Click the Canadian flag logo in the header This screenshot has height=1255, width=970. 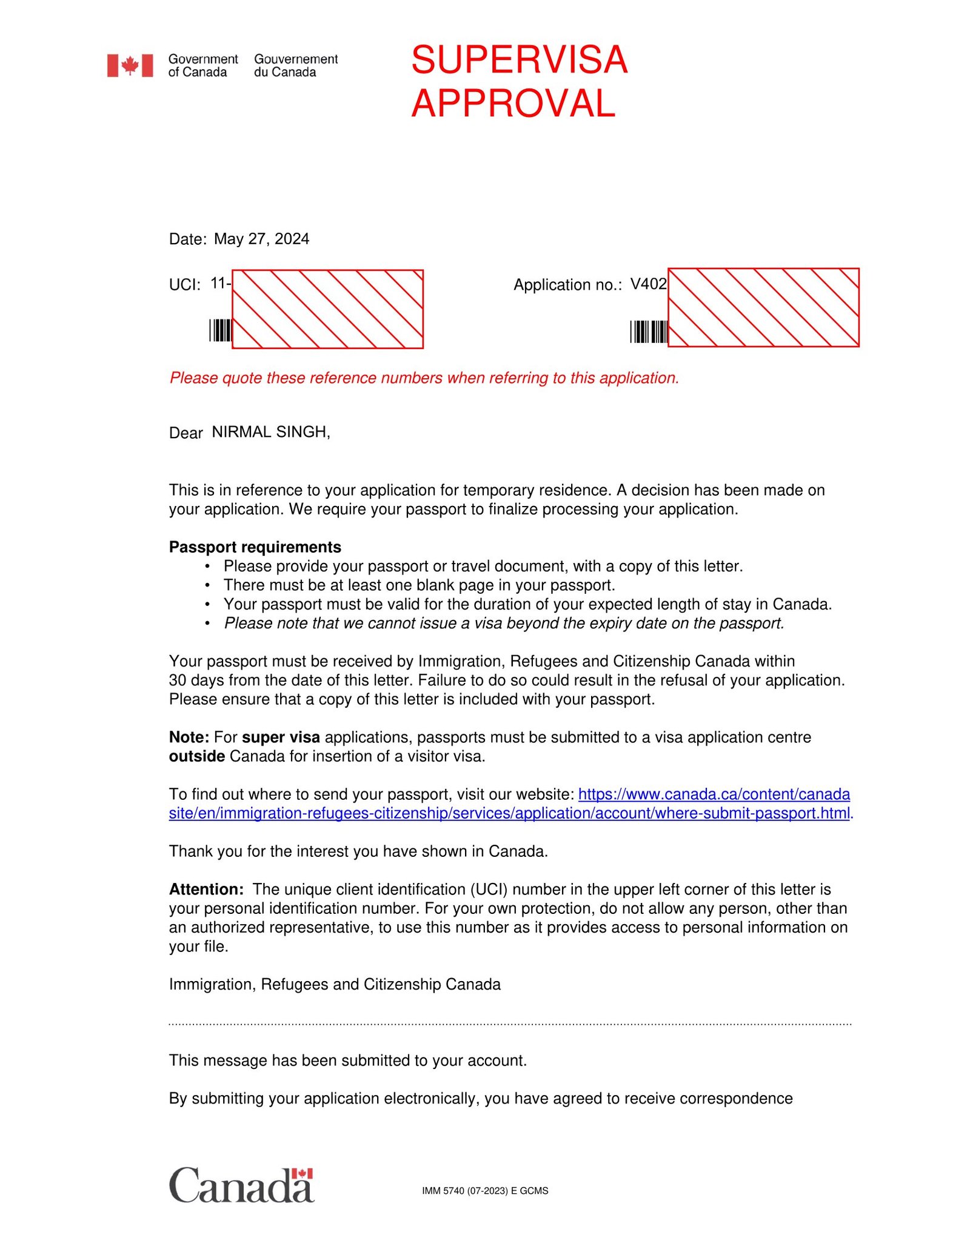130,65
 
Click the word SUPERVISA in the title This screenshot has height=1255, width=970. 519,60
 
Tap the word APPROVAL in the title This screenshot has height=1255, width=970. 513,103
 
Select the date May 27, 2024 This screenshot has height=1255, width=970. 261,239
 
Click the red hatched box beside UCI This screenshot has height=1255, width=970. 327,309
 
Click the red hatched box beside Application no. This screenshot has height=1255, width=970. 763,307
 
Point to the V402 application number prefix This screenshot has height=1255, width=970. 648,284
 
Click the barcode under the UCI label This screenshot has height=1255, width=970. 220,330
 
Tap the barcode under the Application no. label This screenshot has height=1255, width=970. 648,332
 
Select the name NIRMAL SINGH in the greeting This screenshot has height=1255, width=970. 270,432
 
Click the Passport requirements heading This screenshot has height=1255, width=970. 255,547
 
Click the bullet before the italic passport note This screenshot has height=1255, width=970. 207,624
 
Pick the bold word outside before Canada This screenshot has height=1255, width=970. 196,756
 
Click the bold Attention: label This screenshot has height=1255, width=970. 206,889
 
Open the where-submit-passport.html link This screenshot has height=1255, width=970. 509,813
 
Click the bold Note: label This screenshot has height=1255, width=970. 189,737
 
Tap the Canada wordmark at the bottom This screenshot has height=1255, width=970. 241,1185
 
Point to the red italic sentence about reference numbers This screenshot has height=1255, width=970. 424,378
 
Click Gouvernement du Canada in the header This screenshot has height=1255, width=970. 295,65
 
